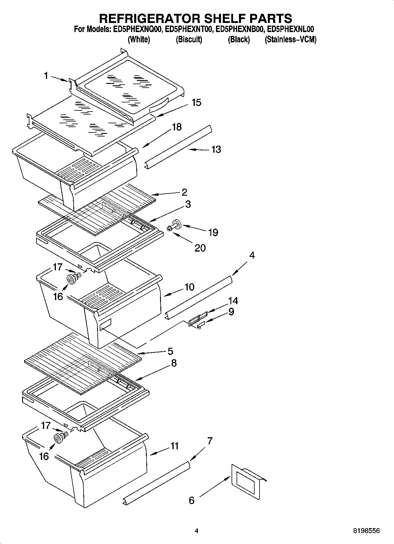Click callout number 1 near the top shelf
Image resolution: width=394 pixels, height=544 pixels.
point(46,76)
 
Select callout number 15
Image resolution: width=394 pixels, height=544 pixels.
point(196,103)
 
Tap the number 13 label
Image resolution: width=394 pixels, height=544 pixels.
point(216,149)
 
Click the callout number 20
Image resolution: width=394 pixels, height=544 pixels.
point(200,248)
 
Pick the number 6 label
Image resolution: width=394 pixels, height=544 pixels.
point(192,500)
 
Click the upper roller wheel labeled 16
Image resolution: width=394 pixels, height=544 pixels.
point(71,280)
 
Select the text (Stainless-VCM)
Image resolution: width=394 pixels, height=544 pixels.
point(290,40)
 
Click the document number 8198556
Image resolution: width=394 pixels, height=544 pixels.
point(366,530)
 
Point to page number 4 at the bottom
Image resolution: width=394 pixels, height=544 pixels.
point(197,531)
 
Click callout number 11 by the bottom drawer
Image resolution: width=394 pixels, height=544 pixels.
point(175,446)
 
